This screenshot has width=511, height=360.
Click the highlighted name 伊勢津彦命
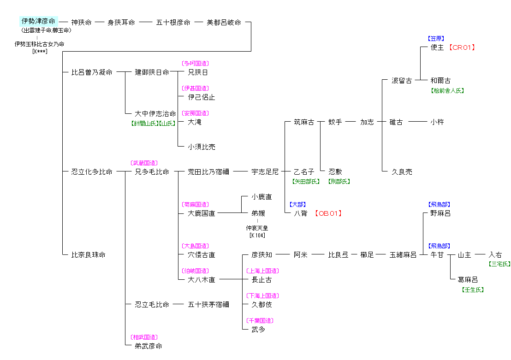pyautogui.click(x=39, y=21)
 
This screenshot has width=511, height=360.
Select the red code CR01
pyautogui.click(x=462, y=47)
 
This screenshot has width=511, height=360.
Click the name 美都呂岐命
pyautogui.click(x=224, y=22)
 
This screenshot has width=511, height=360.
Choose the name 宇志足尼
pyautogui.click(x=265, y=172)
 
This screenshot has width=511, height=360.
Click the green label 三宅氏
pyautogui.click(x=499, y=264)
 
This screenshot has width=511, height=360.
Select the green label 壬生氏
pyautogui.click(x=473, y=290)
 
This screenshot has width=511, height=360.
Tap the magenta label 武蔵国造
pyautogui.click(x=144, y=163)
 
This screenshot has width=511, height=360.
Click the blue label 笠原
pyautogui.click(x=436, y=39)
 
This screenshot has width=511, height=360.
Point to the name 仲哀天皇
pyautogui.click(x=257, y=228)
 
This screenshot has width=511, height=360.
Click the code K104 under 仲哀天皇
pyautogui.click(x=257, y=236)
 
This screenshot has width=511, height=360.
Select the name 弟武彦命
pyautogui.click(x=149, y=346)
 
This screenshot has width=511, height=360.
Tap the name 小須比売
pyautogui.click(x=202, y=147)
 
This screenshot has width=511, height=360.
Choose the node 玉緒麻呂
pyautogui.click(x=403, y=255)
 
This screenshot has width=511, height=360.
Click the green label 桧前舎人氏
pyautogui.click(x=447, y=91)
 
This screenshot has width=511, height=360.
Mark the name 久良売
pyautogui.click(x=402, y=172)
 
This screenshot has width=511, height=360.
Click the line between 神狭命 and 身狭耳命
pyautogui.click(x=100, y=22)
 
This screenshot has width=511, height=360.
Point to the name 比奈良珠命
pyautogui.click(x=89, y=255)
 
